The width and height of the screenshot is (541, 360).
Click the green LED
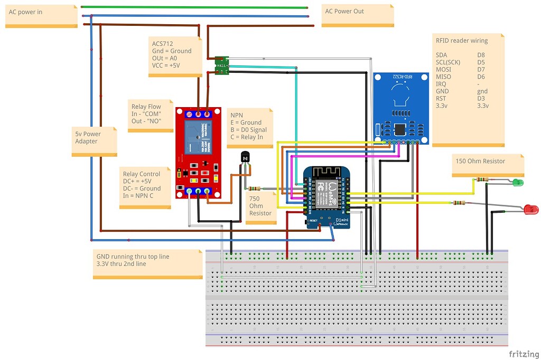(x=518, y=183)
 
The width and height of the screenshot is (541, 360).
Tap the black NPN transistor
(x=245, y=157)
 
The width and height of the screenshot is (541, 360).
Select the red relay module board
(x=198, y=153)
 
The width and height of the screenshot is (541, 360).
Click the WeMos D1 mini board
(x=328, y=197)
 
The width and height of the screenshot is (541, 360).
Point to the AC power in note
(x=41, y=15)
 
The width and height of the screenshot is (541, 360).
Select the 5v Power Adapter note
(x=94, y=141)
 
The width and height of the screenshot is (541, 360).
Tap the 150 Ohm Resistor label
(x=480, y=161)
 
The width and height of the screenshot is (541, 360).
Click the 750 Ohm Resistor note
(x=261, y=206)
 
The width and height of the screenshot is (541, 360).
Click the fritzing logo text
(x=523, y=353)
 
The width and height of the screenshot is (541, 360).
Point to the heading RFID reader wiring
(x=461, y=41)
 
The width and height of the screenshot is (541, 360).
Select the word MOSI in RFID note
(x=444, y=69)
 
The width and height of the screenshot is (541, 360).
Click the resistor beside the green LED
(x=482, y=179)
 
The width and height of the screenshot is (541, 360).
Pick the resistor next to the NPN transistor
(x=254, y=188)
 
